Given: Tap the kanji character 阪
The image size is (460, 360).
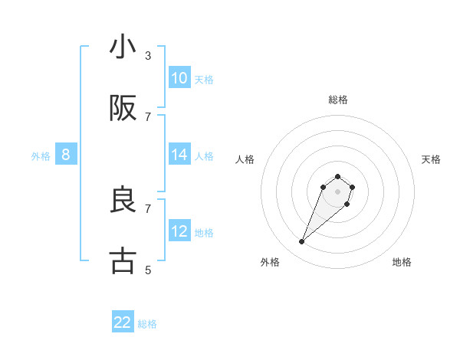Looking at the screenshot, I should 123,109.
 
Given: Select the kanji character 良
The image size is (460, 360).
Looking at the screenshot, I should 123,200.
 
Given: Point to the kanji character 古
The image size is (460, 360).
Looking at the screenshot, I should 123,261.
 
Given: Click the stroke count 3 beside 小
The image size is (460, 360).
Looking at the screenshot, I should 148,56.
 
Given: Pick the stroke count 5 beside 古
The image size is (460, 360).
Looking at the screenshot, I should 148,270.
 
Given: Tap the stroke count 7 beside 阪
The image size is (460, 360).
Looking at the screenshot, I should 148,116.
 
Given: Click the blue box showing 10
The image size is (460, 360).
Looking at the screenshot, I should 179,78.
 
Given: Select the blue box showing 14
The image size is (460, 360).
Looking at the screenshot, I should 179,155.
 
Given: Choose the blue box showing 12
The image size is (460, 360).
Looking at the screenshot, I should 179,231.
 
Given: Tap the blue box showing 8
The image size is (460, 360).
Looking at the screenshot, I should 66,155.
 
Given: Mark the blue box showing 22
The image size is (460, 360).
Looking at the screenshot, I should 123,322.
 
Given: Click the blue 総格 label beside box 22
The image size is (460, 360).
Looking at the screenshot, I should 147,324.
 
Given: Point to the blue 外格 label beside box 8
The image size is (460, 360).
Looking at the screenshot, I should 41,156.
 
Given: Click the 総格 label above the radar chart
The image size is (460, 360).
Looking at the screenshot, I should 337,100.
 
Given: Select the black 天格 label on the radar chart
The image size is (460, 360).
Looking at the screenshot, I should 431,159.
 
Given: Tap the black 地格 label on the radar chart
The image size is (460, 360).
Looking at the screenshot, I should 402,262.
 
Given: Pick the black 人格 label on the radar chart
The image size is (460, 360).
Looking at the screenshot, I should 245,159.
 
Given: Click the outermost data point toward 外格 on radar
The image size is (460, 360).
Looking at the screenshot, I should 302,242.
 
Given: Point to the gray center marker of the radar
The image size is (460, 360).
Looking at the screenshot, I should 337,191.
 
